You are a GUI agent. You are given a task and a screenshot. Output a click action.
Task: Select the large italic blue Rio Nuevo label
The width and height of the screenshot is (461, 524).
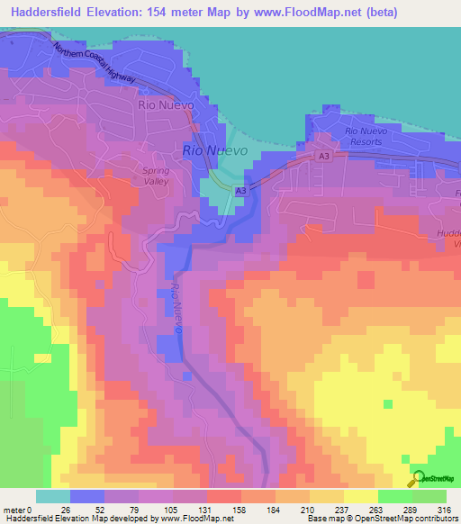(x=213, y=151)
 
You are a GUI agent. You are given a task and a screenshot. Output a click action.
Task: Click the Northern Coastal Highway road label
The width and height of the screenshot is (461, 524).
(x=94, y=64)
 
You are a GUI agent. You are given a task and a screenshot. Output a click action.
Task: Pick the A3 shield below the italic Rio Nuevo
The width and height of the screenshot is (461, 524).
(x=240, y=191)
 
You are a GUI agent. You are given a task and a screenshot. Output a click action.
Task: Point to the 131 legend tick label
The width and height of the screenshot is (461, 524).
(x=182, y=509)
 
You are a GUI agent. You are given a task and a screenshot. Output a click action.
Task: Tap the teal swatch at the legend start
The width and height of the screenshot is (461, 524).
(x=52, y=496)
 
